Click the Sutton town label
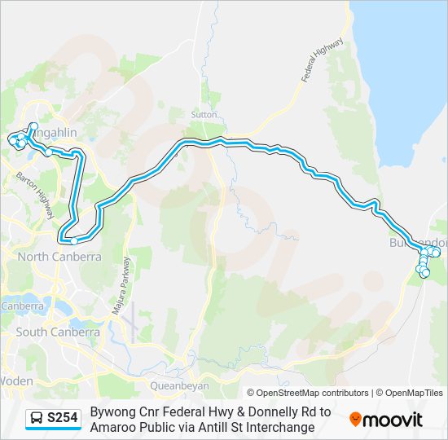pyautogui.click(x=203, y=115)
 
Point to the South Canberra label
pyautogui.click(x=57, y=332)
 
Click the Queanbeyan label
pyautogui.click(x=179, y=385)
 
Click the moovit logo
pyautogui.click(x=386, y=420)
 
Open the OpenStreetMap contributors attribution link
pyautogui.click(x=307, y=393)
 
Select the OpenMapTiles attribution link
pyautogui.click(x=410, y=393)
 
